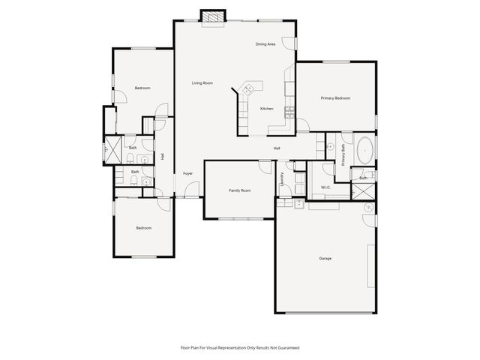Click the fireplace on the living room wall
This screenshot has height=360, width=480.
point(214,16)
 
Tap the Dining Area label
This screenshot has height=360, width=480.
point(265,44)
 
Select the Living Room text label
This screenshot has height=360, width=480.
point(202,83)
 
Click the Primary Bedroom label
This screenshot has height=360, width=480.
point(335,98)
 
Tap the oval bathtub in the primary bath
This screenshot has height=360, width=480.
point(365,149)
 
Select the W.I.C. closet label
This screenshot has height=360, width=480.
point(326,187)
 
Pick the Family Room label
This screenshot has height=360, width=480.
point(240,190)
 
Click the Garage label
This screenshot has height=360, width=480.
point(325,258)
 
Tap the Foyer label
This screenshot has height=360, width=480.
point(187,174)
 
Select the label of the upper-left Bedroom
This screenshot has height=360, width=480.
point(142,88)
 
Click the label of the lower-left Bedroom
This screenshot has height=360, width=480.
point(143,228)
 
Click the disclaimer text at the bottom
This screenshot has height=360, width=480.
point(240,348)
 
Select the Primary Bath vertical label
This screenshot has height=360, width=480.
point(343,154)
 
